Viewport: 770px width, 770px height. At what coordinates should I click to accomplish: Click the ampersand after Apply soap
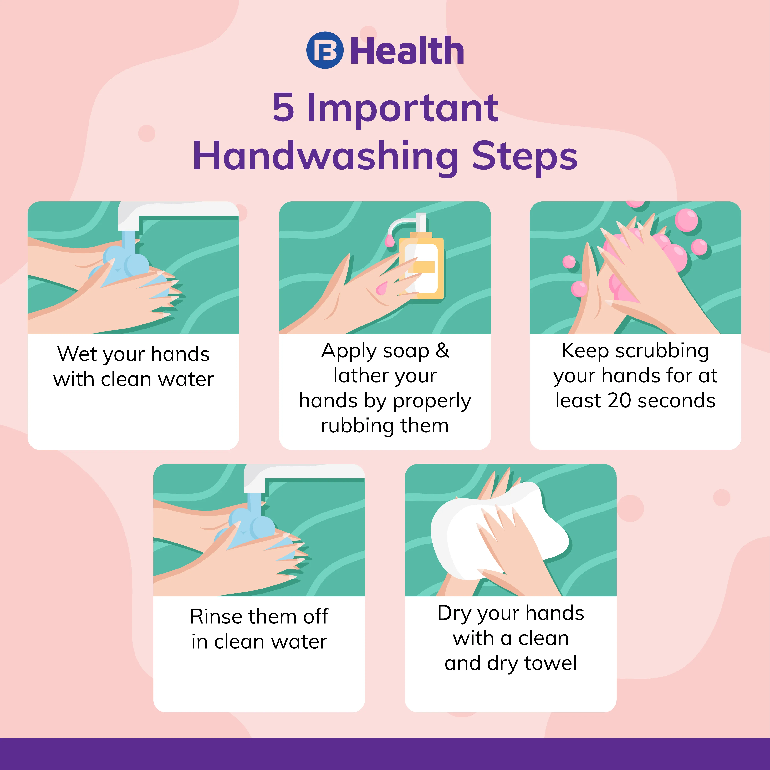[x=442, y=351]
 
